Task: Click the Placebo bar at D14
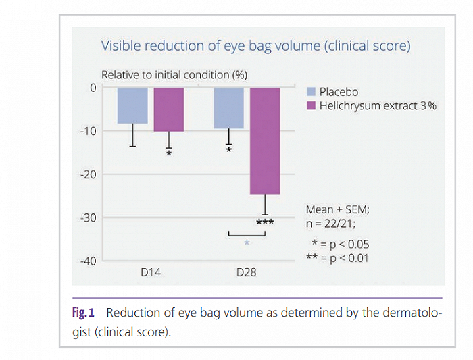pyautogui.click(x=132, y=106)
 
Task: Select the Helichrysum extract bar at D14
pyautogui.click(x=168, y=109)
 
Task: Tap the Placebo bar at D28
pyautogui.click(x=229, y=108)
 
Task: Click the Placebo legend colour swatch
pyautogui.click(x=312, y=92)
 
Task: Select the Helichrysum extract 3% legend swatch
pyautogui.click(x=312, y=106)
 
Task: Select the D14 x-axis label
pyautogui.click(x=149, y=274)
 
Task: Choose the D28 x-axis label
pyautogui.click(x=246, y=274)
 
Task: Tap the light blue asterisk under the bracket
pyautogui.click(x=247, y=243)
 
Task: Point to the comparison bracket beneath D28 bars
pyautogui.click(x=247, y=234)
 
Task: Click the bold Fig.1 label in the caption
pyautogui.click(x=84, y=313)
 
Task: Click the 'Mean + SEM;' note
pyautogui.click(x=337, y=210)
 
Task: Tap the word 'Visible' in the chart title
pyautogui.click(x=120, y=46)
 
